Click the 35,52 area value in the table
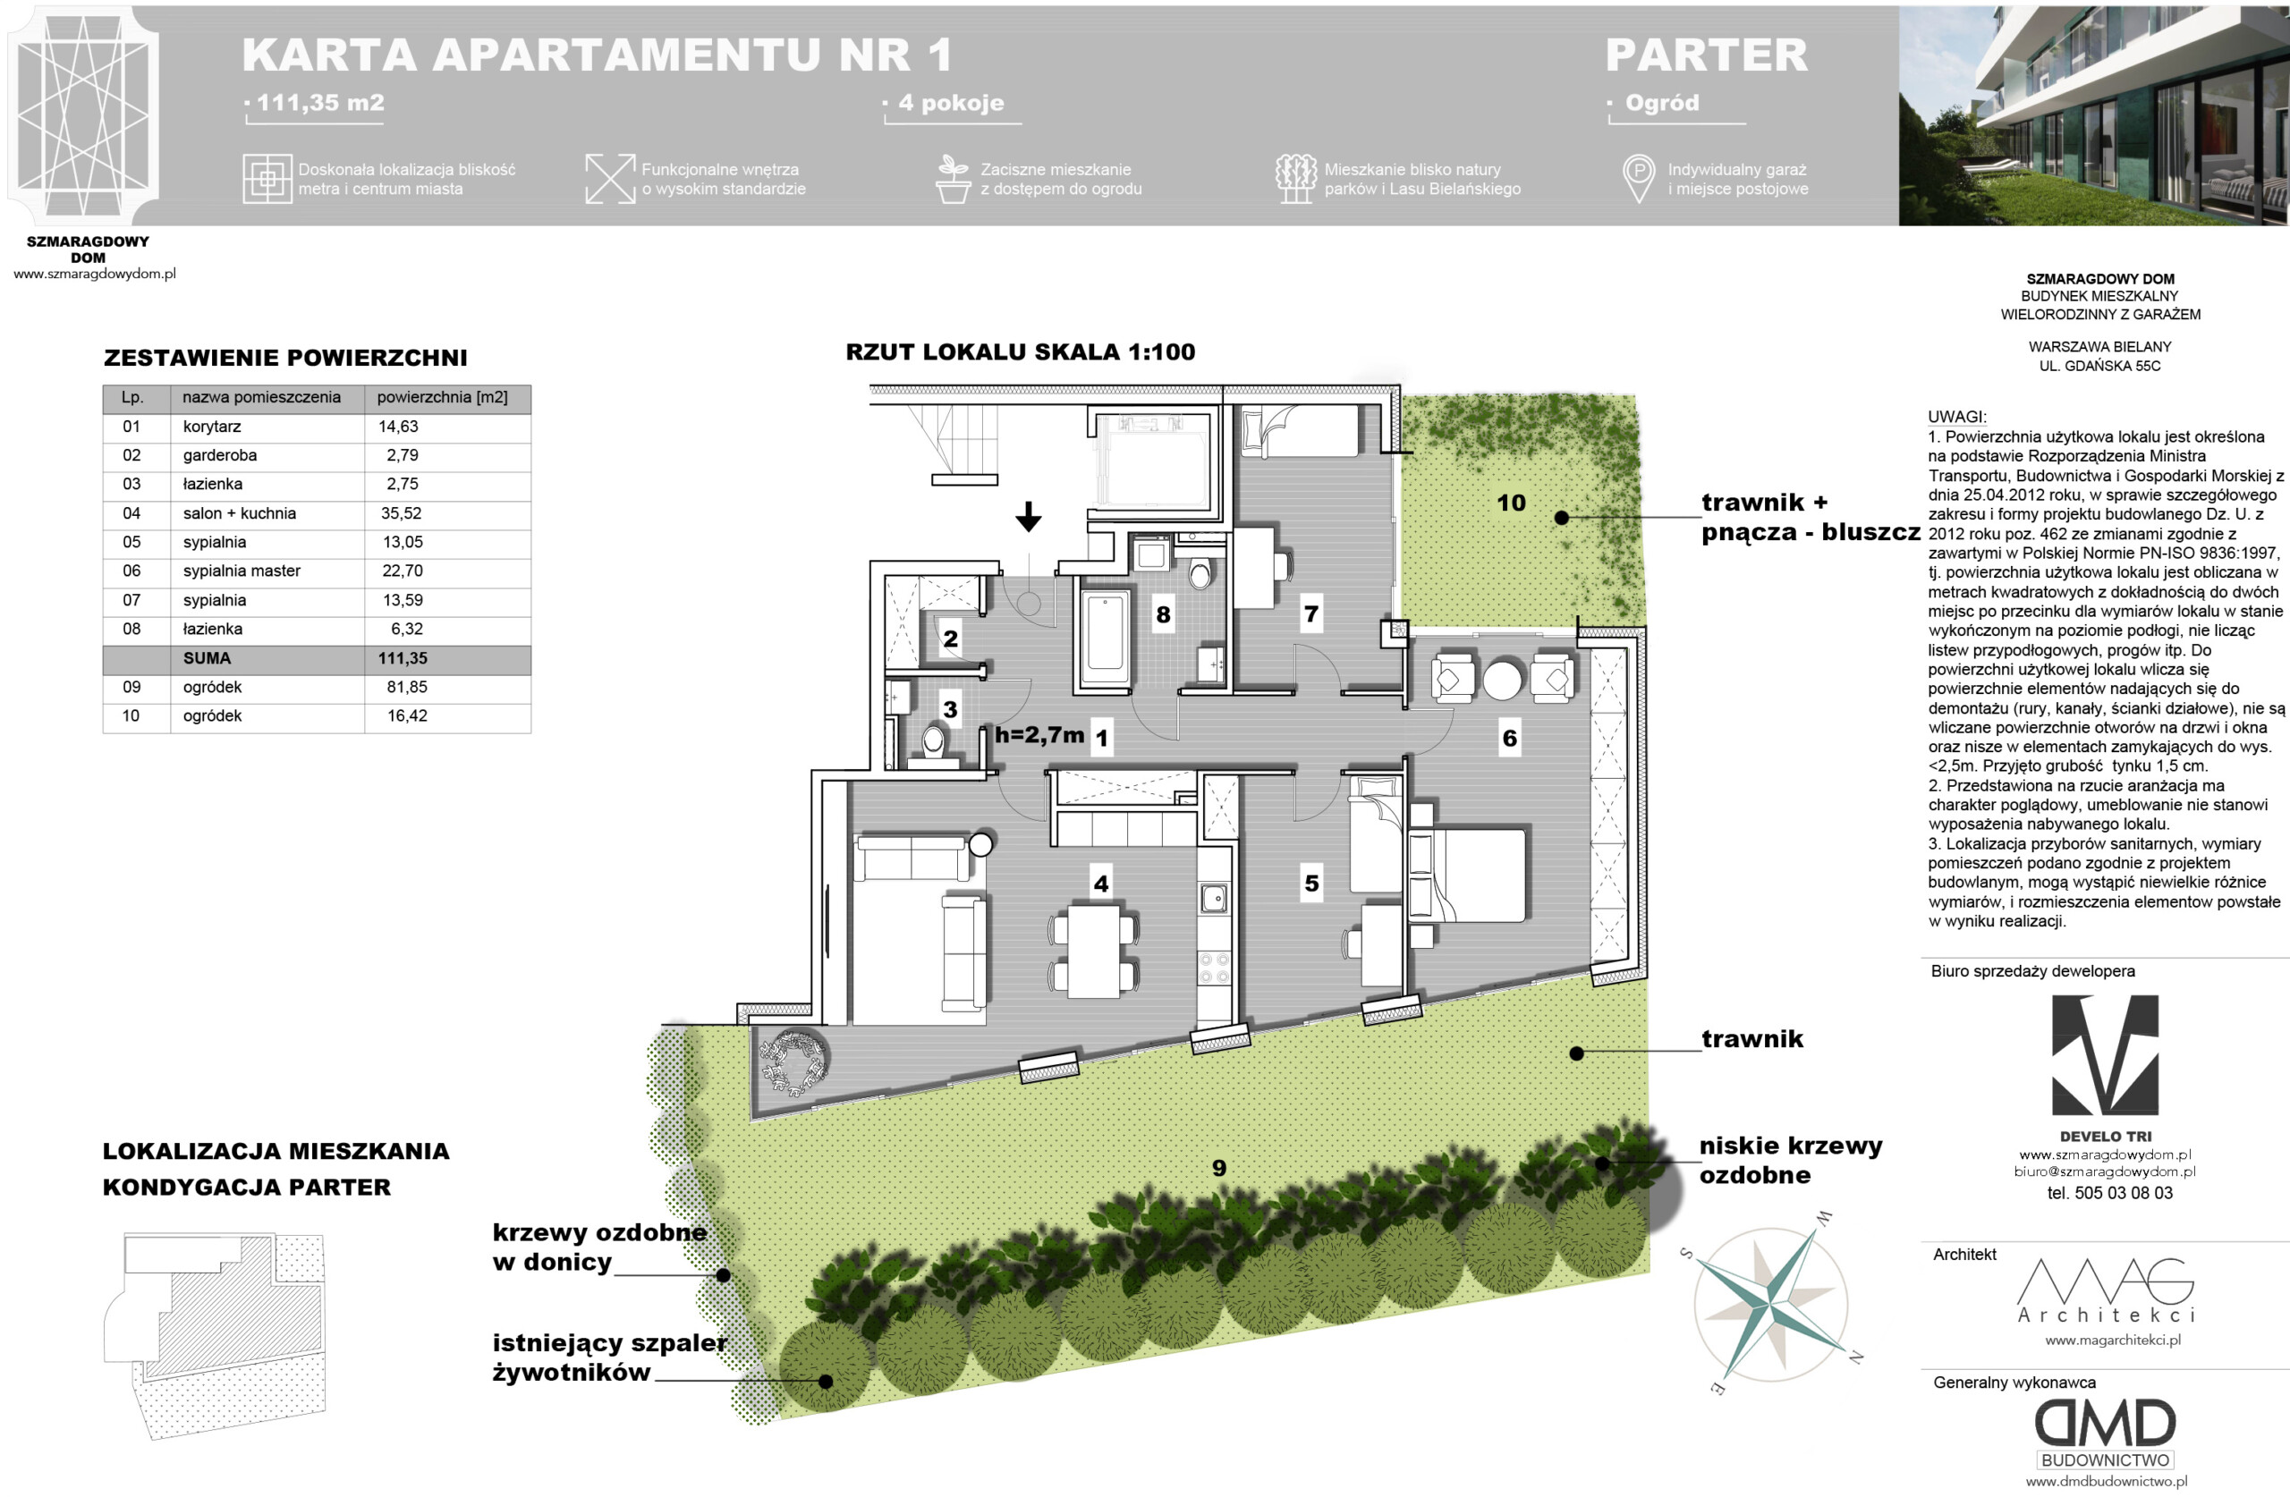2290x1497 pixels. coord(402,513)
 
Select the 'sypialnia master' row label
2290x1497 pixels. coord(242,571)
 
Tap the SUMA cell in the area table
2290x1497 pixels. coord(207,659)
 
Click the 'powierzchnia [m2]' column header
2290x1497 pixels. coord(442,397)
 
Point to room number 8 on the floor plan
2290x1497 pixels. coord(1163,614)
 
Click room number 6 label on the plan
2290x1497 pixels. coord(1510,738)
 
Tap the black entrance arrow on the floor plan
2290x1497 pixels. coord(1029,517)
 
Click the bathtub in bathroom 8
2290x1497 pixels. coord(1105,639)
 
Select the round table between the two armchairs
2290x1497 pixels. coord(1502,681)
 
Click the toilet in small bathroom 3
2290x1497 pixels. coord(932,743)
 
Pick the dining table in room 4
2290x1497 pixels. coord(1093,951)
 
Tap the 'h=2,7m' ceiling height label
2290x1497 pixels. coord(1039,735)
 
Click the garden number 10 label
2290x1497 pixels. coord(1511,503)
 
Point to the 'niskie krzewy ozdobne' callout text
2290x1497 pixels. coord(1790,1160)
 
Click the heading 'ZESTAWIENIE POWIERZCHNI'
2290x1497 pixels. coord(284,358)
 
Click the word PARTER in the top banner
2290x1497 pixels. coord(1706,55)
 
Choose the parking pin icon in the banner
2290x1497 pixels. coord(1638,178)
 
